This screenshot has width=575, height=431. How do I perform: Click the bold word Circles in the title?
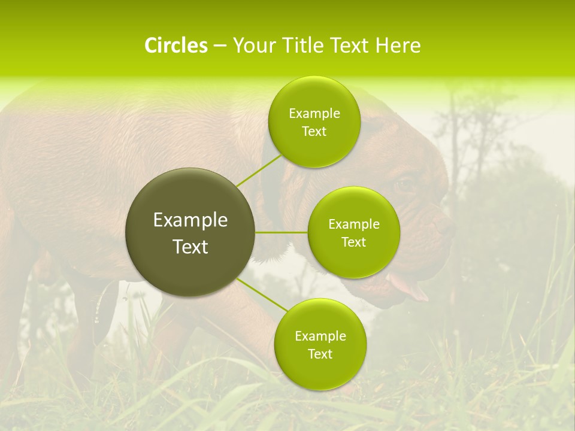click(175, 45)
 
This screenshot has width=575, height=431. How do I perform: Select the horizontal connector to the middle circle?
click(282, 232)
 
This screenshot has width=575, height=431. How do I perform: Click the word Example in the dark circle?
click(190, 220)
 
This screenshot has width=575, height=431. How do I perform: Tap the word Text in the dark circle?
click(190, 247)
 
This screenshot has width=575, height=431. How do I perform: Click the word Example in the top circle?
click(314, 114)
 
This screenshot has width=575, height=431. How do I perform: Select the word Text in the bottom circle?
click(320, 354)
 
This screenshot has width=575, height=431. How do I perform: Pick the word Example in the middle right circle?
click(353, 224)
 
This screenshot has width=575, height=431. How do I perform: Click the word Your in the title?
click(250, 45)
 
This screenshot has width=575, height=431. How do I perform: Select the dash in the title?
click(219, 45)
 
